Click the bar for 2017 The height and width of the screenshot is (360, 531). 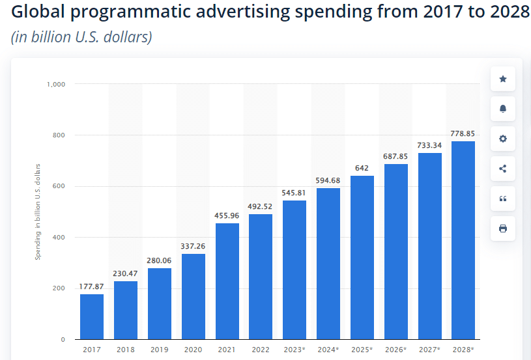(x=92, y=316)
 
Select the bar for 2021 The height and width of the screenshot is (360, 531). (x=227, y=281)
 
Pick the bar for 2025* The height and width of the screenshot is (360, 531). (x=362, y=257)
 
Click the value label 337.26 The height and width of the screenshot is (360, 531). (x=194, y=246)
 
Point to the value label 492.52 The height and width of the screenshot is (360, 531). (x=261, y=207)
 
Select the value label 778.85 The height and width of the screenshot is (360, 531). (x=463, y=133)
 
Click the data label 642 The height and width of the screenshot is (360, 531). (x=362, y=168)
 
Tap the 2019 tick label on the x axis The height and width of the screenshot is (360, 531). (x=160, y=350)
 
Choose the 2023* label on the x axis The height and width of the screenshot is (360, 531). (x=294, y=350)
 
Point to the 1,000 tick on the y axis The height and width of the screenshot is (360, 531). (x=56, y=84)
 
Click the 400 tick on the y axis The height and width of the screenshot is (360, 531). (x=59, y=238)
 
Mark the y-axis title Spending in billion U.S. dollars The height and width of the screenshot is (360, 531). (x=38, y=212)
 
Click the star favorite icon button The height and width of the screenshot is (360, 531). (x=502, y=79)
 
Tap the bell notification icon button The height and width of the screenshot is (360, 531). (x=502, y=109)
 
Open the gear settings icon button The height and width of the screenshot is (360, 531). (x=502, y=139)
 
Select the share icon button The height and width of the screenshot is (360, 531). (x=502, y=169)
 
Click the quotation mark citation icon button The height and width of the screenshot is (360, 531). (x=502, y=199)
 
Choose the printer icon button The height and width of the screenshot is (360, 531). (x=502, y=228)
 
